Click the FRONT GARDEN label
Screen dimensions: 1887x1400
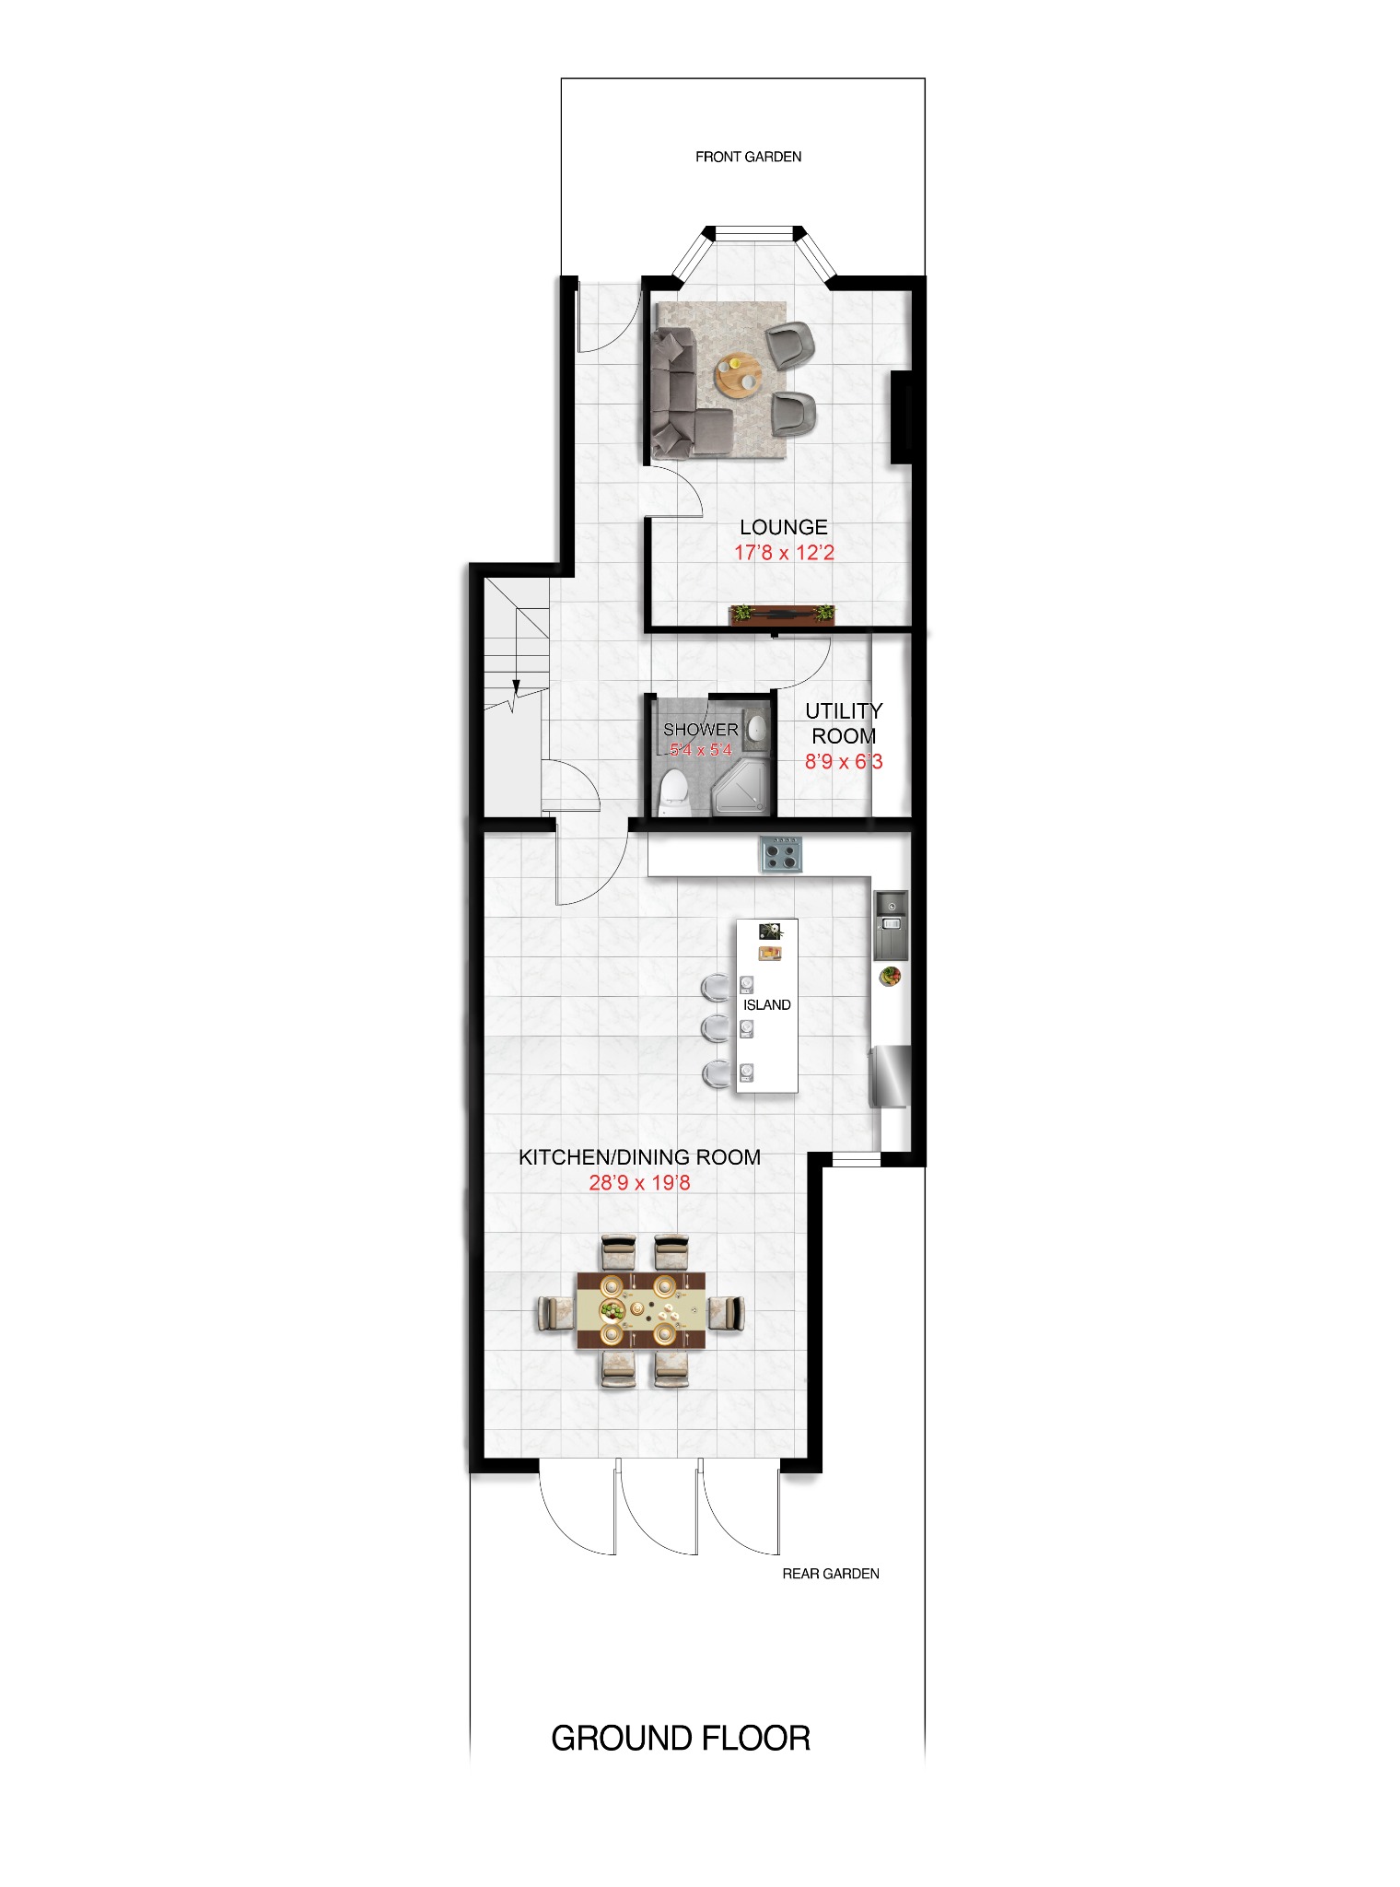pyautogui.click(x=748, y=157)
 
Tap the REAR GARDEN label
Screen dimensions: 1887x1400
pyautogui.click(x=830, y=1574)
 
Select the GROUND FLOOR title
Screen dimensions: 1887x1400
pyautogui.click(x=681, y=1739)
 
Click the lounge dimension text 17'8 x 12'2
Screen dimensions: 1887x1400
pyautogui.click(x=784, y=553)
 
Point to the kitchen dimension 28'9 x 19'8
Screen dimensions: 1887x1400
pyautogui.click(x=639, y=1183)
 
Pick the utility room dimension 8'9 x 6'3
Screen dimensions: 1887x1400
pyautogui.click(x=844, y=762)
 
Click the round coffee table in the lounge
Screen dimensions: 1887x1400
pyautogui.click(x=739, y=375)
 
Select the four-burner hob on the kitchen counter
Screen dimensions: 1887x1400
pyautogui.click(x=781, y=853)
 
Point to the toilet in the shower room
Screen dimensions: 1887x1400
pyautogui.click(x=674, y=793)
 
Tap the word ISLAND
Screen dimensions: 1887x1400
pyautogui.click(x=766, y=1005)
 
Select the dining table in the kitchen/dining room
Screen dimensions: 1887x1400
pyautogui.click(x=641, y=1310)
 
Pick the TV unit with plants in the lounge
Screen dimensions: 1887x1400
pyautogui.click(x=782, y=614)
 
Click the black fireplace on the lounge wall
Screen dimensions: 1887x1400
pyautogui.click(x=901, y=416)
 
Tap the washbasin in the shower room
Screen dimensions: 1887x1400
pyautogui.click(x=755, y=728)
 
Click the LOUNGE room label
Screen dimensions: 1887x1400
pyautogui.click(x=784, y=527)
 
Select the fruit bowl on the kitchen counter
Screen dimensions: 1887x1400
pyautogui.click(x=890, y=975)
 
